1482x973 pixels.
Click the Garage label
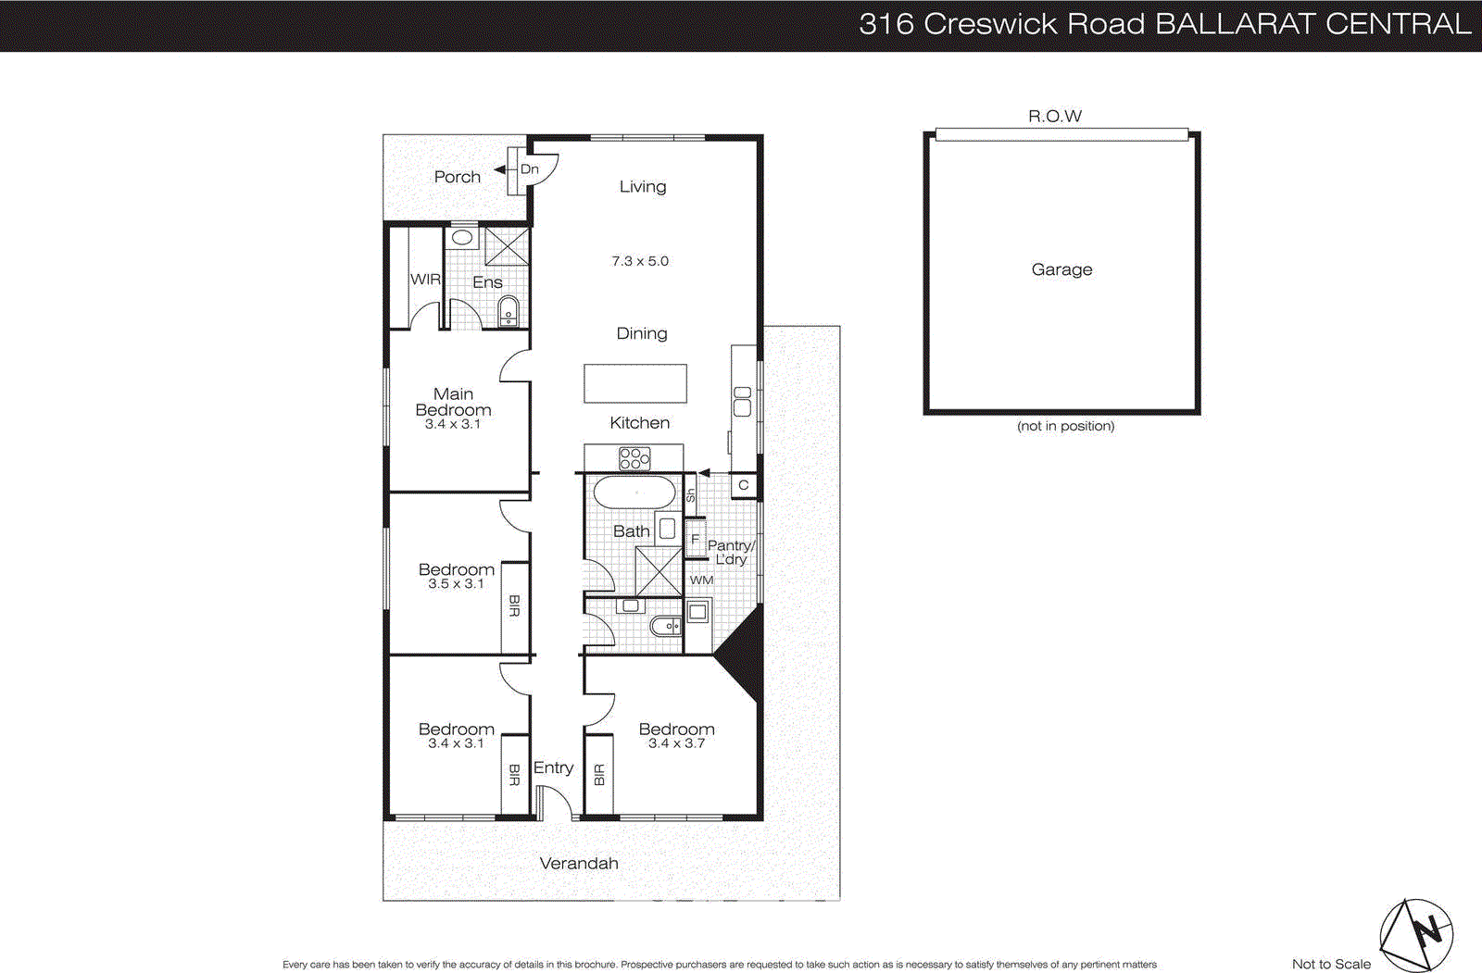1061,269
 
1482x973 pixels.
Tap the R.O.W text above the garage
1054,116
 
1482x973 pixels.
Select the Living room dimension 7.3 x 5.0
639,261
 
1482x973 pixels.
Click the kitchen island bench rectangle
635,383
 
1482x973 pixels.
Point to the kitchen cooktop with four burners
634,457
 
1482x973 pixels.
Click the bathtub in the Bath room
634,492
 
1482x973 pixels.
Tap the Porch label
457,177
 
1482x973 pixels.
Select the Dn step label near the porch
529,169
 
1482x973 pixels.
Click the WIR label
425,279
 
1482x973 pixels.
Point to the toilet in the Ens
509,311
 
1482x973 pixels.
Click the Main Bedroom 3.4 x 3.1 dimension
453,424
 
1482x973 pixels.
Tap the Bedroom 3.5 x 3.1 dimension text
456,584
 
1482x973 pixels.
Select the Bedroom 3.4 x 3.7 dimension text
676,743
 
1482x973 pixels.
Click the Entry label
553,767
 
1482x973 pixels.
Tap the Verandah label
579,863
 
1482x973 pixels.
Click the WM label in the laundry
701,580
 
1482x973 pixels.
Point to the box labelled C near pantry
743,485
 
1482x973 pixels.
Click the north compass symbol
1417,933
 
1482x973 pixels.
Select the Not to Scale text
1331,964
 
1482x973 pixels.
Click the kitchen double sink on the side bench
742,400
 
